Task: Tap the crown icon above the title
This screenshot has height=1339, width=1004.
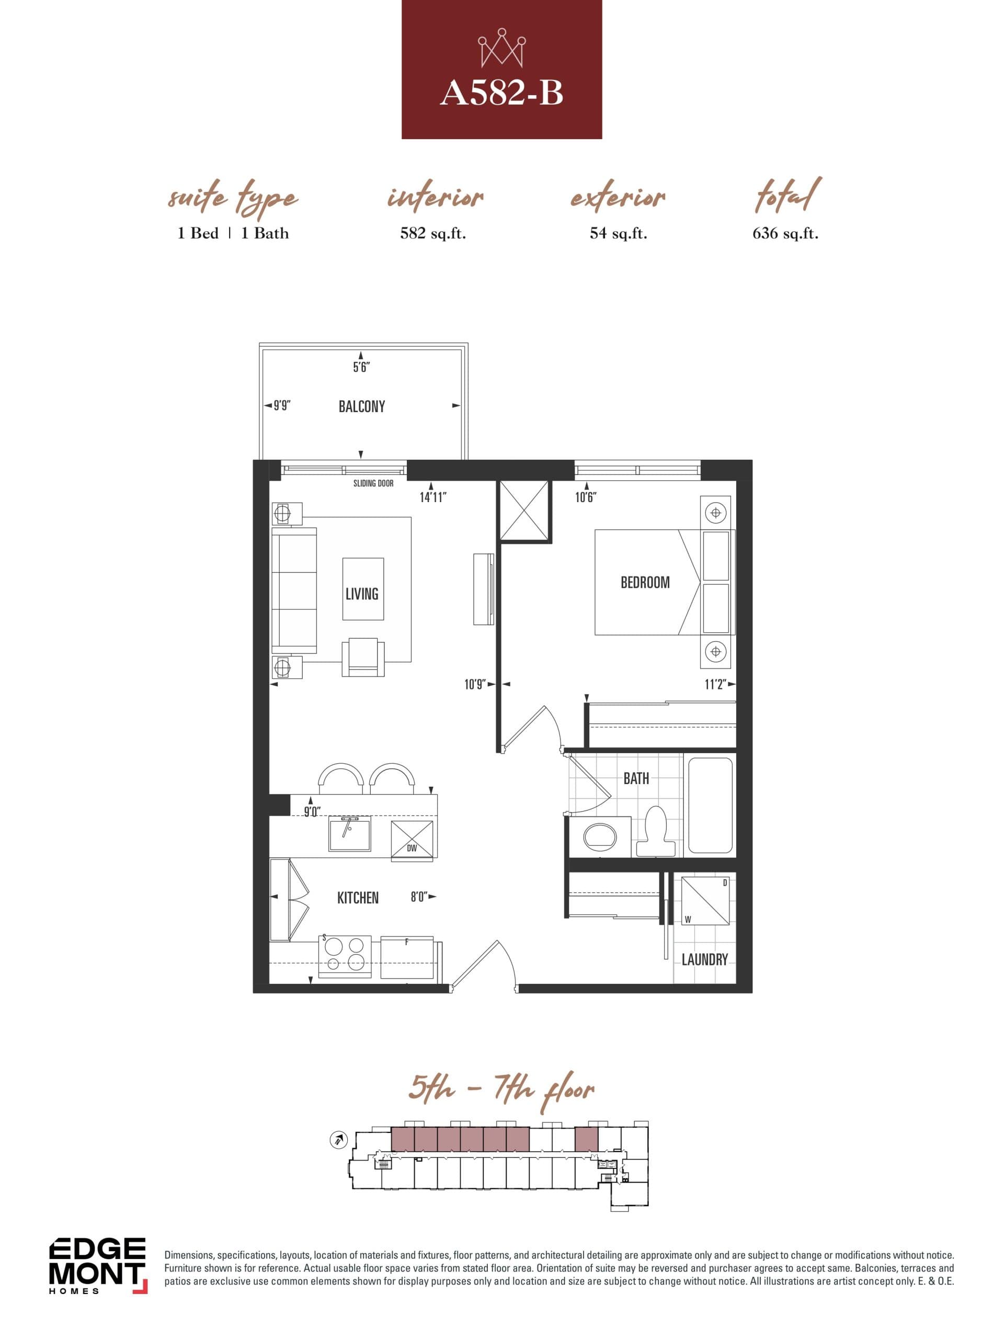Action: point(501,48)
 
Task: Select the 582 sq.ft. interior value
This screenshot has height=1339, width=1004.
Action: point(432,234)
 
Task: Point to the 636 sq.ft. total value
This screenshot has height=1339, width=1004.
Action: point(785,234)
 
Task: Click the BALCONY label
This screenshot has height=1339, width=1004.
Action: point(361,406)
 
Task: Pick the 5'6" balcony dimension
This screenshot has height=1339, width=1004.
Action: point(361,367)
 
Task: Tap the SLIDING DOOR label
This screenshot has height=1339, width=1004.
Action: point(373,483)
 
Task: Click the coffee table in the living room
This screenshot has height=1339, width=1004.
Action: point(362,588)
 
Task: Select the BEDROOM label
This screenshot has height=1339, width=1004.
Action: point(645,582)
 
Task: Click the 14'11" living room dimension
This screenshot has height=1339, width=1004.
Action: point(432,497)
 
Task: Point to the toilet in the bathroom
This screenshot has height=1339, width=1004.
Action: point(657,831)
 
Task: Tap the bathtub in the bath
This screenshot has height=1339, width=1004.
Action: point(709,805)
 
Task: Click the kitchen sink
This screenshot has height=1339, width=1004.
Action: point(350,834)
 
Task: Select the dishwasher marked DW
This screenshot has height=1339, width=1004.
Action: point(412,840)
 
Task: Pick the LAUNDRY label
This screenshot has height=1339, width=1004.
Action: point(704,959)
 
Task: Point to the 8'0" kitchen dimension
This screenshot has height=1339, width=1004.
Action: point(419,897)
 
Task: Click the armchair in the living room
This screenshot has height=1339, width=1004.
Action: point(362,657)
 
